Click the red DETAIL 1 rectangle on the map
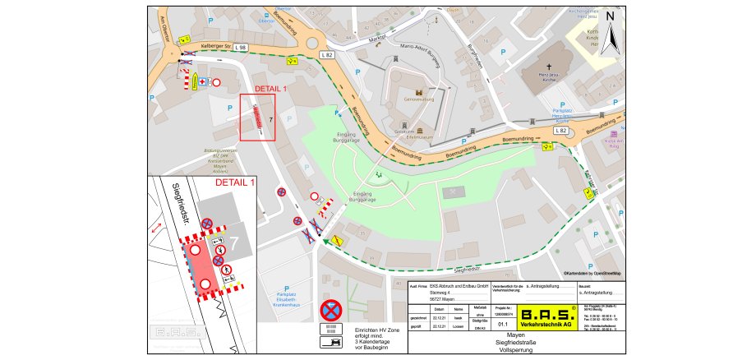tap(257, 118)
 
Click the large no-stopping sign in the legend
tap(330, 310)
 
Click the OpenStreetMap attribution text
tap(592, 273)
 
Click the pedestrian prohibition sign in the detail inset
tap(219, 261)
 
